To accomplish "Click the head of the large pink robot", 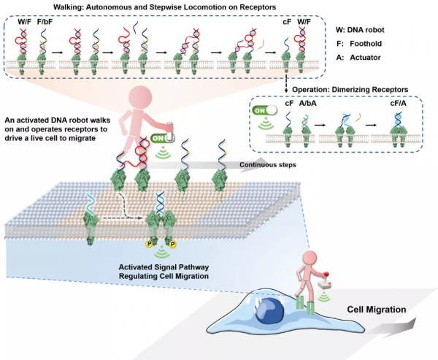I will coord(141,99).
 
